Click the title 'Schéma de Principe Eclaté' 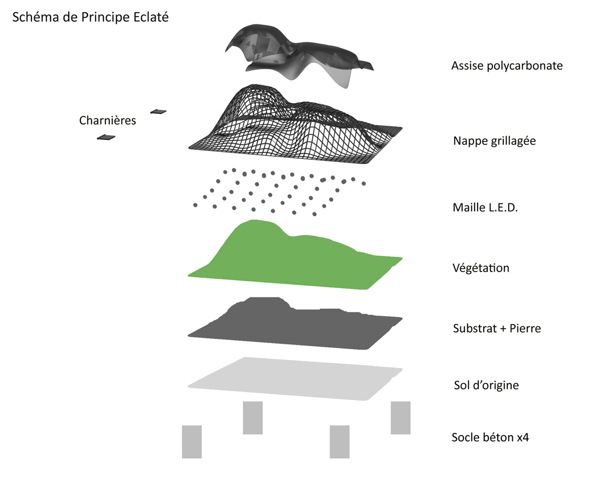tap(90, 17)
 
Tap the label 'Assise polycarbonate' tap(506, 66)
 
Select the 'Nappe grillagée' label tap(494, 141)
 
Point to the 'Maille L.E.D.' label tap(485, 208)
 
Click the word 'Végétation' tap(481, 268)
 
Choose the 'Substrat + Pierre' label tap(497, 328)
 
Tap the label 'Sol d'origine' tap(486, 385)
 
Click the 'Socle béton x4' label tap(490, 437)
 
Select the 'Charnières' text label tap(108, 121)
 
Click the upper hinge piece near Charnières tap(158, 111)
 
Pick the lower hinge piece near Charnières tap(106, 137)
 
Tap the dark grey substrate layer tap(290, 326)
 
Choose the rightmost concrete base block tap(400, 418)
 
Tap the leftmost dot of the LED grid tap(195, 205)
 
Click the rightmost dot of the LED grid tap(364, 183)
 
